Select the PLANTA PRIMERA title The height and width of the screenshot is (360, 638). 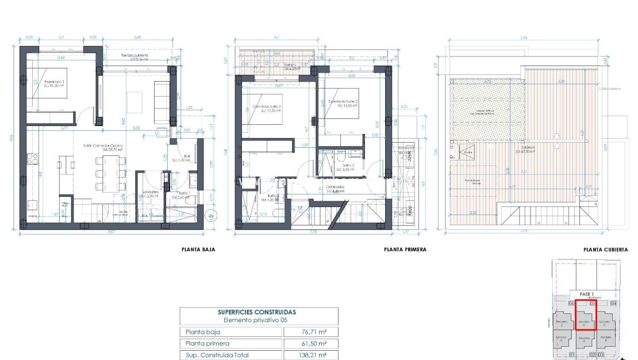[x=405, y=250]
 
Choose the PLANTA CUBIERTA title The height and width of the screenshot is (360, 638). [x=605, y=250]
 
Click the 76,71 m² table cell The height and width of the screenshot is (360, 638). [x=311, y=332]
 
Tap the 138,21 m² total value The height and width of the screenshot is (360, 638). [x=311, y=355]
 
